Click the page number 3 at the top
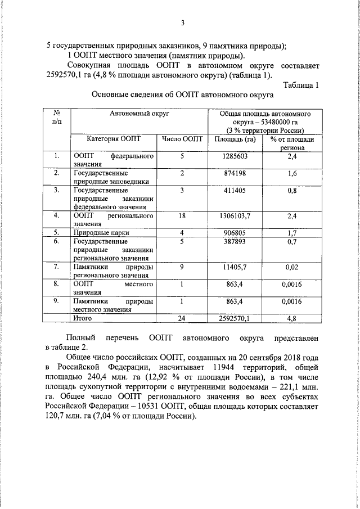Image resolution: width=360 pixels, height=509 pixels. click(x=182, y=23)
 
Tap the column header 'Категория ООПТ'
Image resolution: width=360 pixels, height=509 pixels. click(x=107, y=139)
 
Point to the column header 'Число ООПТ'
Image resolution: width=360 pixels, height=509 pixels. click(x=182, y=139)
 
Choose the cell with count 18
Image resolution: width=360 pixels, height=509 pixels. click(x=182, y=216)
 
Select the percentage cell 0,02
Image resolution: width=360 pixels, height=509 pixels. click(x=291, y=267)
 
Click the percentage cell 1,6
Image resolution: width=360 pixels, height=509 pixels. click(x=291, y=174)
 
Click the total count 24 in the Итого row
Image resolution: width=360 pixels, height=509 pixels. click(x=182, y=318)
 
